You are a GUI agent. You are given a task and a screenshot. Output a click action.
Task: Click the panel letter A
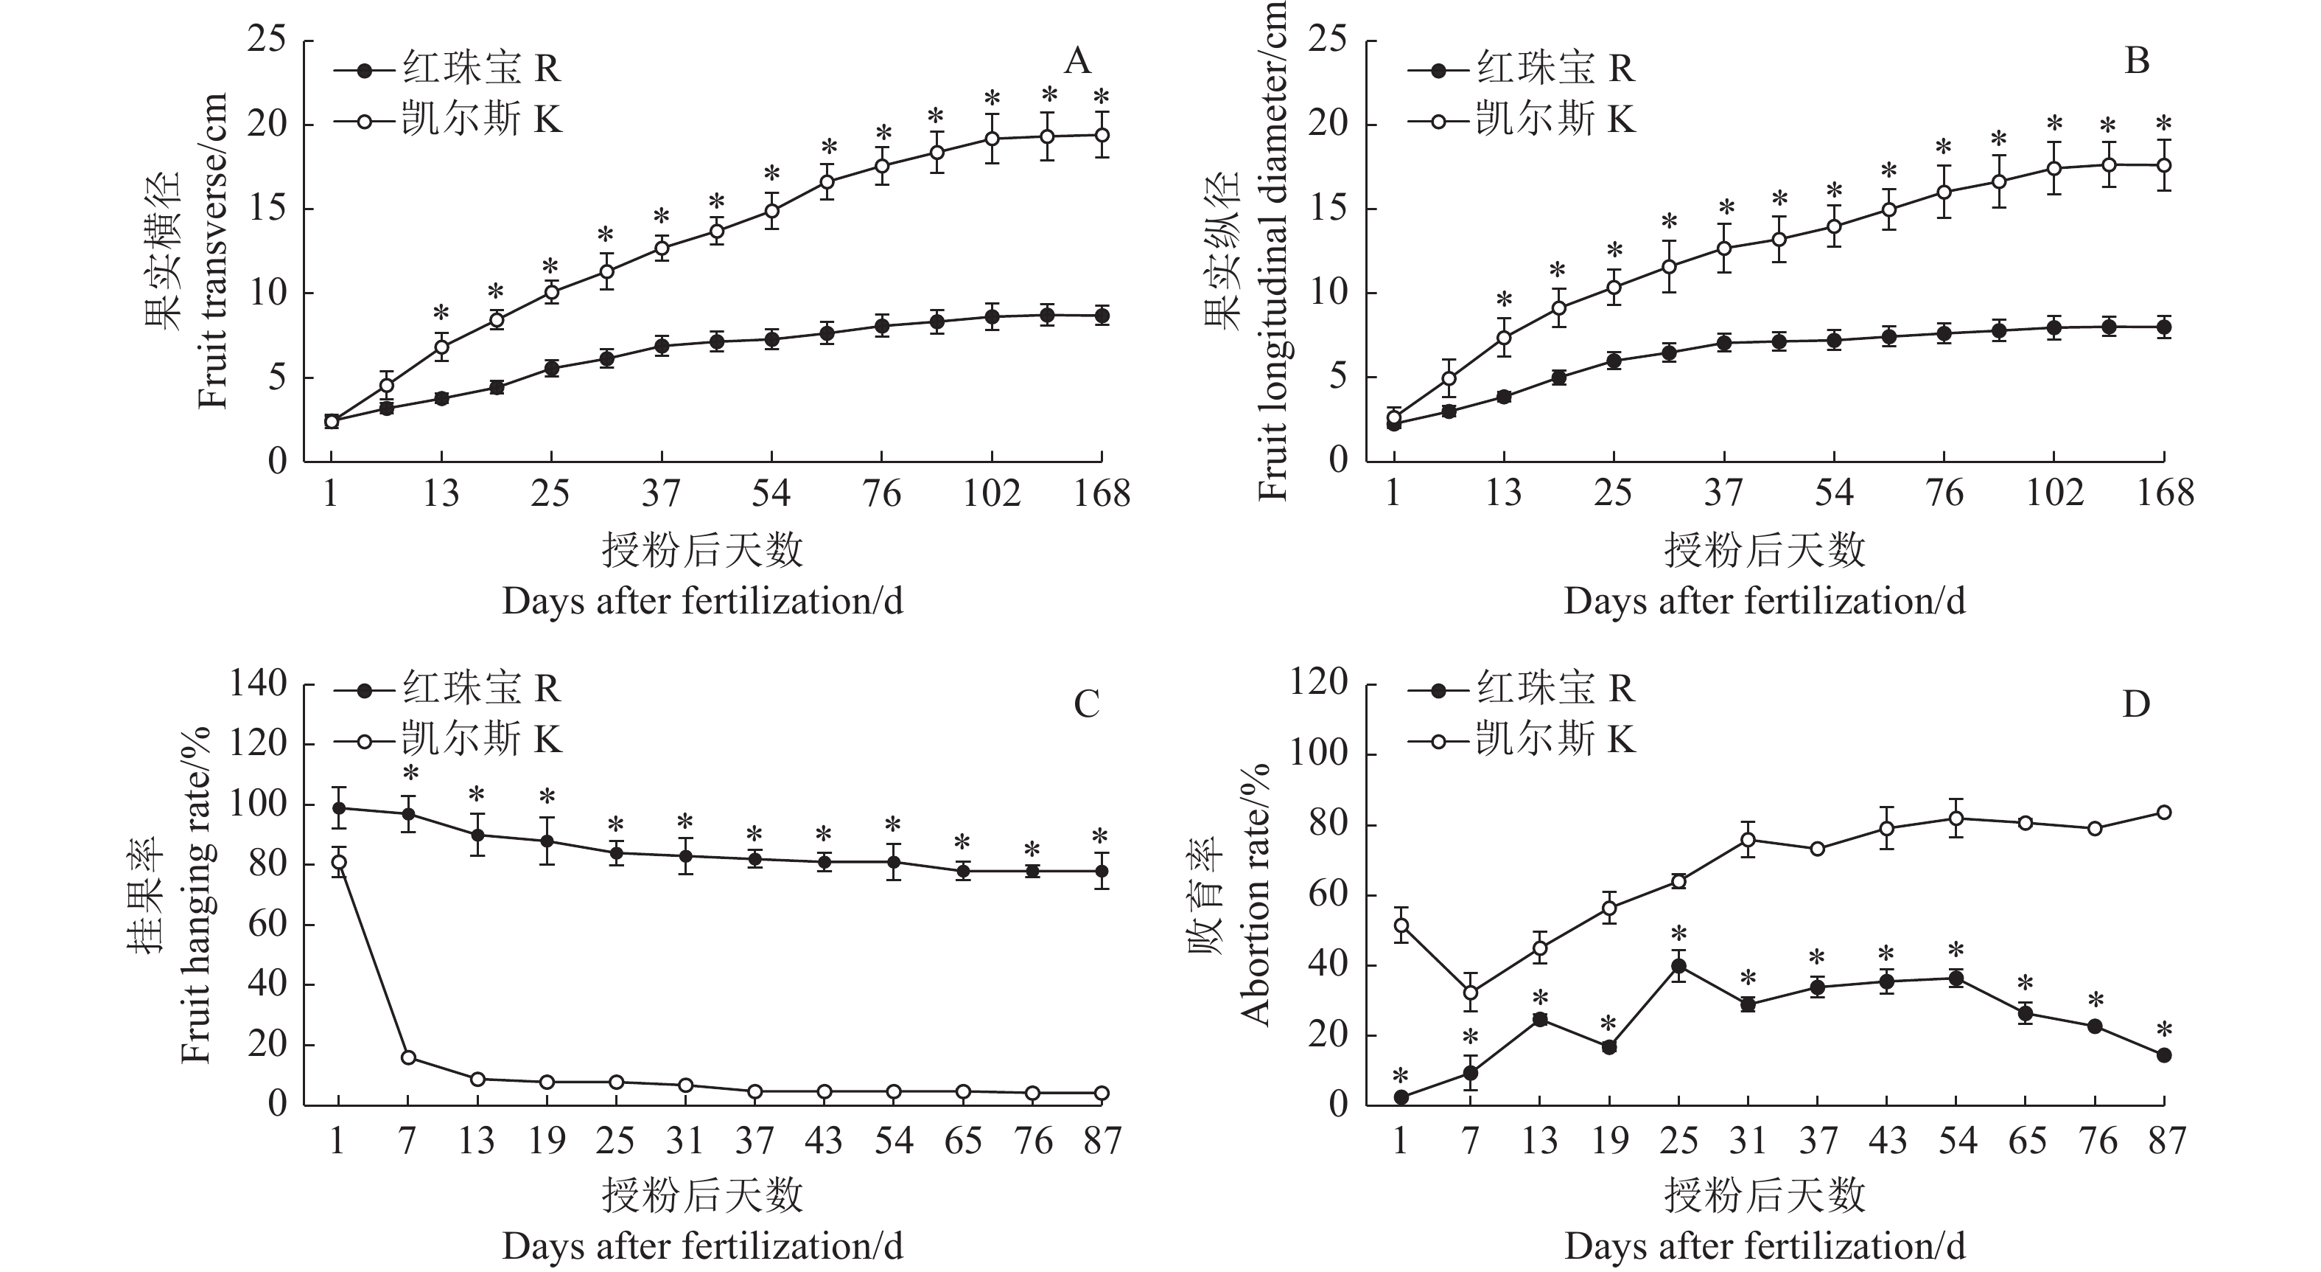[1077, 61]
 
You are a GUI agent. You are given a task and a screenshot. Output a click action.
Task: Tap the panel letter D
[2136, 704]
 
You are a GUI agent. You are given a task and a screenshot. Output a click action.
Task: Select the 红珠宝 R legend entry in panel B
[1521, 69]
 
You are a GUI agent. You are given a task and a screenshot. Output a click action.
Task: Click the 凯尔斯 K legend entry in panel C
[448, 740]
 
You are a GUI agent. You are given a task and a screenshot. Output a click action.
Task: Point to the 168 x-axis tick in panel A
[1101, 493]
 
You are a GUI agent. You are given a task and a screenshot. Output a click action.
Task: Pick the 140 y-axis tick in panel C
[258, 684]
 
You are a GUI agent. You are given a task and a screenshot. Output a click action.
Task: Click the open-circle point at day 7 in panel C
[408, 1057]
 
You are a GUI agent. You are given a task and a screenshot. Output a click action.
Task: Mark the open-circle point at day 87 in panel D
[2163, 813]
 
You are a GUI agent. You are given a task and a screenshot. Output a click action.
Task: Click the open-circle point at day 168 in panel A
[1101, 135]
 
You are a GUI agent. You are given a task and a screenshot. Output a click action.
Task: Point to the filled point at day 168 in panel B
[2163, 327]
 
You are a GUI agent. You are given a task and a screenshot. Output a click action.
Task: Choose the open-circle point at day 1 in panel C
[339, 863]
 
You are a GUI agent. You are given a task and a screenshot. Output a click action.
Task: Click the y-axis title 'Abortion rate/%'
[1253, 892]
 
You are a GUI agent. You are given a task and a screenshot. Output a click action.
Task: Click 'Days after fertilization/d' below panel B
[1764, 601]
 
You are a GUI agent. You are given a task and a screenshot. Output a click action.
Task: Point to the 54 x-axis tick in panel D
[1956, 1141]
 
